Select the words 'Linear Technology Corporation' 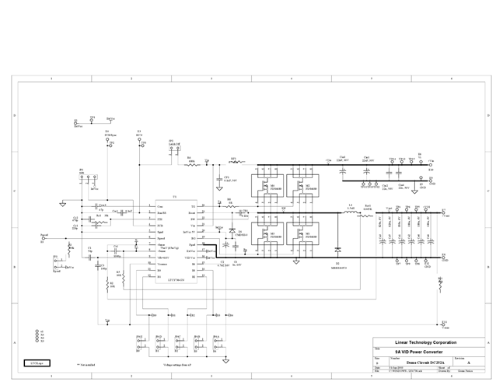pos(426,342)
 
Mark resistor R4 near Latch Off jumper pos(190,163)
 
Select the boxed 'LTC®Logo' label pos(37,363)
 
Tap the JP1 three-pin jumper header pos(82,180)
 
